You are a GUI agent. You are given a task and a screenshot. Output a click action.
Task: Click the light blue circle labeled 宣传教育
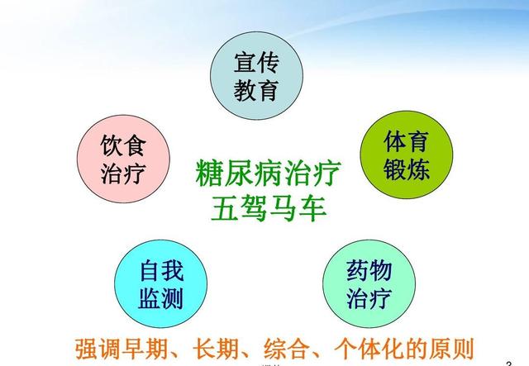(256, 75)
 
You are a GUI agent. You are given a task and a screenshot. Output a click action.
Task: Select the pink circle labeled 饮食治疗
(123, 159)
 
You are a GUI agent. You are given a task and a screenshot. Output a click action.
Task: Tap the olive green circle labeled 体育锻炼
(407, 154)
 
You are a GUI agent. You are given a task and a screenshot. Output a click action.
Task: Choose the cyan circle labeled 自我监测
(160, 283)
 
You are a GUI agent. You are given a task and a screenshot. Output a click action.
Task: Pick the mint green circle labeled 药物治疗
(369, 283)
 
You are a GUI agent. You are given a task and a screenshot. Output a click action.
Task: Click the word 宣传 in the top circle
(256, 63)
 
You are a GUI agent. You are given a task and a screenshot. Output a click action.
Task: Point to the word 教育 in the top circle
(256, 90)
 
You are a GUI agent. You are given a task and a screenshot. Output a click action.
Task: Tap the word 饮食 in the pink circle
(123, 145)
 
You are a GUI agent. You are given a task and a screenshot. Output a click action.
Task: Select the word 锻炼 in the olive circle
(407, 169)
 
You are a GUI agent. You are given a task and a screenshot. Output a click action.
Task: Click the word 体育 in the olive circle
(407, 141)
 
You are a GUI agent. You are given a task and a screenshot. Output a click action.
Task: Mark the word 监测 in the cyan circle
(161, 298)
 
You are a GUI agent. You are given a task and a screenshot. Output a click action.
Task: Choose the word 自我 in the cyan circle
(161, 270)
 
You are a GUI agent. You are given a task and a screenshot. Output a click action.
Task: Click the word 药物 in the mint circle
(369, 270)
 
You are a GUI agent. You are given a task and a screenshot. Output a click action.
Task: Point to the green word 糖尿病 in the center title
(239, 173)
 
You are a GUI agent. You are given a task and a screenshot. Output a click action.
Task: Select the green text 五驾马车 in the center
(269, 208)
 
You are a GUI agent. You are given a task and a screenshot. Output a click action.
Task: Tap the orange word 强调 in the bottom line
(98, 349)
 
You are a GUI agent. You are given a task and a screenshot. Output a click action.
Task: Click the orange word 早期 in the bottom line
(145, 349)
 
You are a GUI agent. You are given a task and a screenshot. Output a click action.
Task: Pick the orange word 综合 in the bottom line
(287, 349)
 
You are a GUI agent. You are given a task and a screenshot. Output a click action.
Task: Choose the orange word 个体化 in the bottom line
(369, 349)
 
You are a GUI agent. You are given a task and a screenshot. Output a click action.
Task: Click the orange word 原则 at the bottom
(452, 349)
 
